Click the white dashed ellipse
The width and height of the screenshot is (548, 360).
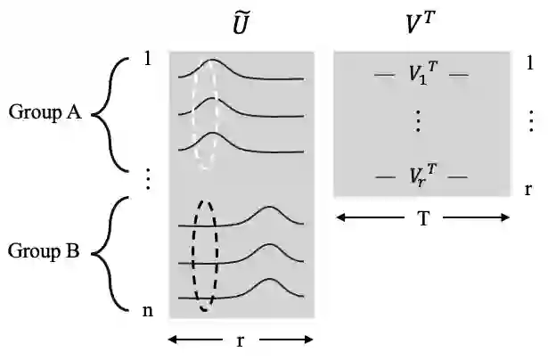pos(206,115)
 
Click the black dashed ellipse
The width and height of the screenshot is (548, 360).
pos(206,255)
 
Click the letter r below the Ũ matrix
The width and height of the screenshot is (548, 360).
pos(241,340)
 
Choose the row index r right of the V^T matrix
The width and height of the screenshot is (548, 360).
pos(529,190)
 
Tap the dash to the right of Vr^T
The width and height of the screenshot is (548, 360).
pos(458,177)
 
